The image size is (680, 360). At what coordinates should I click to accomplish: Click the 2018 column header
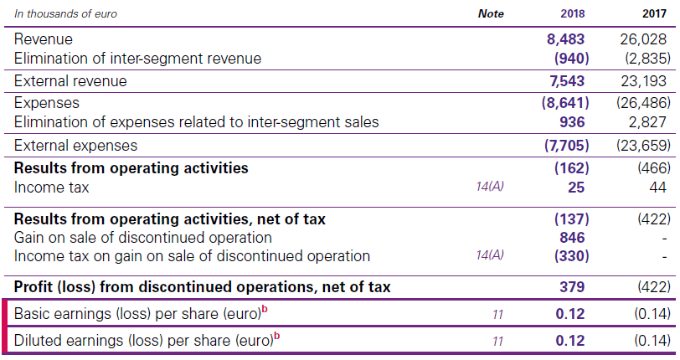pos(573,13)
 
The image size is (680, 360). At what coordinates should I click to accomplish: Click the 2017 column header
pos(655,13)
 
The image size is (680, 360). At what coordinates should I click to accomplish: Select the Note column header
pos(491,13)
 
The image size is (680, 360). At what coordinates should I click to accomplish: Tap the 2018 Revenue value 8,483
pos(565,39)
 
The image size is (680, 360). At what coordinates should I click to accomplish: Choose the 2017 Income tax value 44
pos(658,188)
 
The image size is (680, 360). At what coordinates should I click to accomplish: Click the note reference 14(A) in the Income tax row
pos(490,188)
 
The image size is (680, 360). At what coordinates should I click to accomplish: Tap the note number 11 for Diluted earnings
pos(497,342)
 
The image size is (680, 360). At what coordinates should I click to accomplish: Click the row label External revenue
pos(70,81)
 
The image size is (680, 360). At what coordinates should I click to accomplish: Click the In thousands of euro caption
pos(65,13)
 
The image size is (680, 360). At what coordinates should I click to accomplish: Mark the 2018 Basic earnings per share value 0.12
pos(570,315)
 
